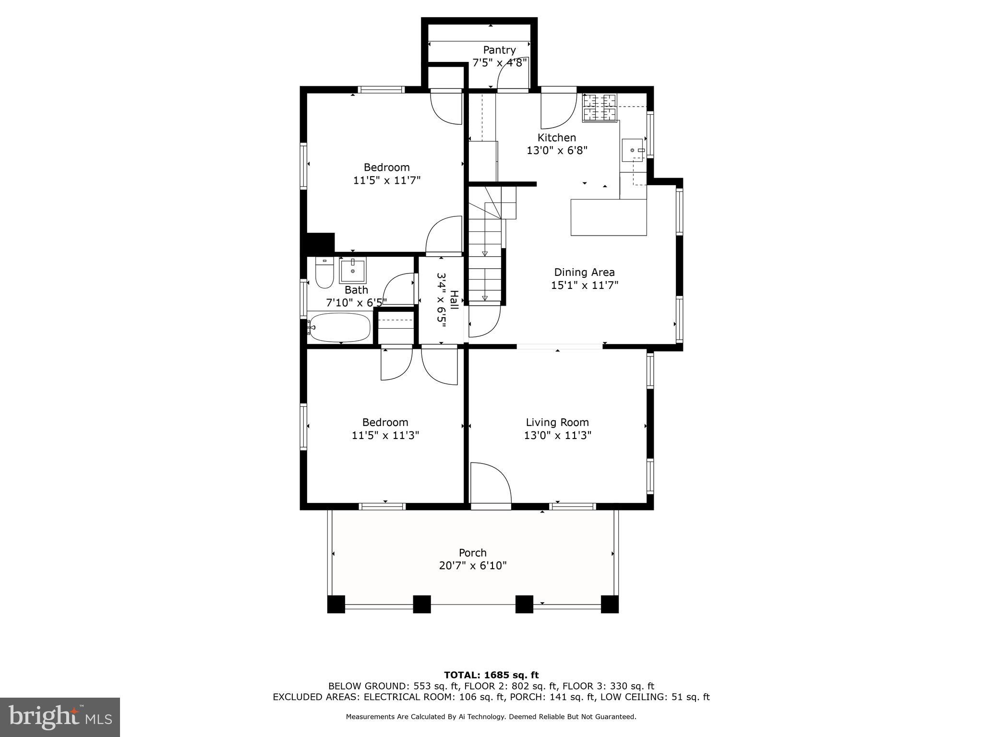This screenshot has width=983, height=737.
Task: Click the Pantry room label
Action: (x=499, y=50)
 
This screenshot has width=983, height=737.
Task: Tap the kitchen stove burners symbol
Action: (x=599, y=107)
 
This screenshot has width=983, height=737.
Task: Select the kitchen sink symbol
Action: (x=634, y=150)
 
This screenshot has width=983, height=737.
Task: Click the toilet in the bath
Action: (x=324, y=273)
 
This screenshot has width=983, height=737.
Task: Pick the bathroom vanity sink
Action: (x=353, y=271)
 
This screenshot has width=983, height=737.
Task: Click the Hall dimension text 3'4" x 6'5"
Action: (x=442, y=300)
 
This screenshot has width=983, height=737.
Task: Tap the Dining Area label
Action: (x=584, y=272)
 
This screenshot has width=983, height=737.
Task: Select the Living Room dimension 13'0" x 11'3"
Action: (x=557, y=435)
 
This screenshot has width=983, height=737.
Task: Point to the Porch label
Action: (x=472, y=552)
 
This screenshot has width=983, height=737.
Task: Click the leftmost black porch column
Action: (x=336, y=604)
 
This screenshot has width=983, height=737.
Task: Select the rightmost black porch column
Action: (x=610, y=604)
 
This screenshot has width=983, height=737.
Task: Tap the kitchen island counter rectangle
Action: (x=609, y=217)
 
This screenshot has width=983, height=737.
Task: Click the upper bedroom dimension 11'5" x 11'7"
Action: (x=387, y=180)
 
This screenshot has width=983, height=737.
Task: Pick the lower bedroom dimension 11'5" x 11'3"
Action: (x=385, y=435)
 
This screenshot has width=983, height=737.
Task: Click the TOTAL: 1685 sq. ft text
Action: (x=491, y=675)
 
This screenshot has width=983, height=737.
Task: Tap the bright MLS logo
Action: (x=60, y=717)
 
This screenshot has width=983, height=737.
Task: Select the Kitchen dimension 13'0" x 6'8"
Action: (x=557, y=150)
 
